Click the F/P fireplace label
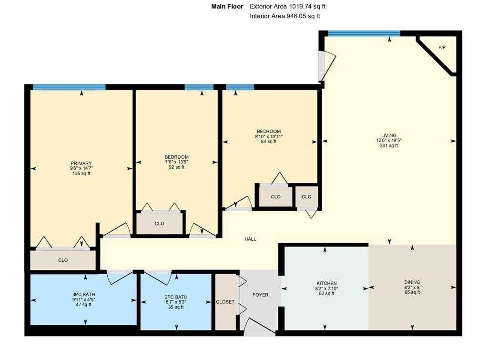[x=442, y=47]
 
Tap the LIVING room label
[x=389, y=135]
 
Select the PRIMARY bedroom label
[x=81, y=163]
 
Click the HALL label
[x=250, y=239]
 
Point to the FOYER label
[x=260, y=295]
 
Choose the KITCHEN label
[x=326, y=283]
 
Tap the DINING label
[x=412, y=282]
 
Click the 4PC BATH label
[x=84, y=294]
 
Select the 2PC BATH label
[x=176, y=297]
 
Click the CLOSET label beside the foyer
[x=225, y=302]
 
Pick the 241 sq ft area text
[x=389, y=145]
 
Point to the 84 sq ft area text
[x=269, y=142]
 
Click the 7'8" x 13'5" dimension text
[x=176, y=162]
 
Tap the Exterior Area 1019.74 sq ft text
[x=287, y=6]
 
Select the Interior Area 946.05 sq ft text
[x=285, y=16]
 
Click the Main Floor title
[x=227, y=6]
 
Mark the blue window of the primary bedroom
[x=69, y=87]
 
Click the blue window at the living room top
[x=364, y=34]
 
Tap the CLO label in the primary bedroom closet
[x=63, y=260]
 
